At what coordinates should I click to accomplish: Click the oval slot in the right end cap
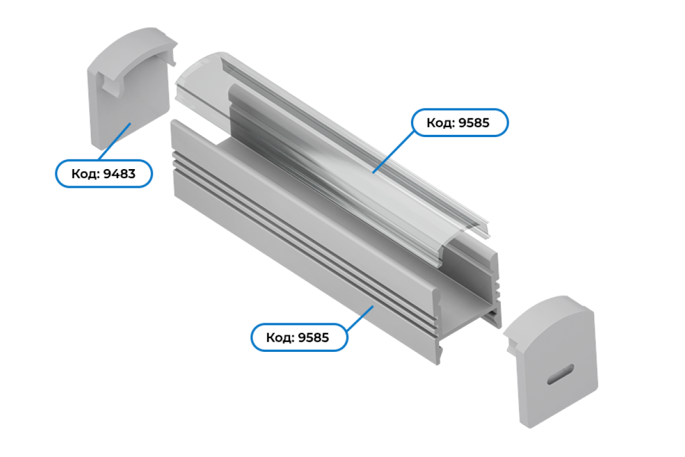(560, 374)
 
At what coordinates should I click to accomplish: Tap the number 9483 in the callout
(119, 174)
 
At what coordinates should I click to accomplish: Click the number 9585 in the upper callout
(474, 123)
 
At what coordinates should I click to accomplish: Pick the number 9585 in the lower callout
(314, 338)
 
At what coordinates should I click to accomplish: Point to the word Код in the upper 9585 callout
(441, 123)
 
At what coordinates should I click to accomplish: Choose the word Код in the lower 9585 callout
(280, 338)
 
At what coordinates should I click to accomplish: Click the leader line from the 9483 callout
(115, 141)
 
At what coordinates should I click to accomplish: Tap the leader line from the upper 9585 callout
(393, 152)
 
